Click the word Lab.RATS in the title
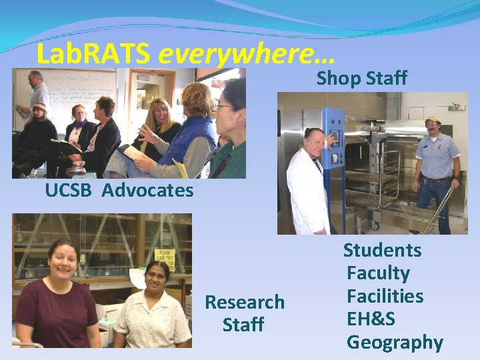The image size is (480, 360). point(94,53)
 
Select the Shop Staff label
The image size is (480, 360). point(361,78)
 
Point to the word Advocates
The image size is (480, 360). point(148,191)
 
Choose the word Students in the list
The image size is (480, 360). point(382,251)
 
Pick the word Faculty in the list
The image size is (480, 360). point(378,273)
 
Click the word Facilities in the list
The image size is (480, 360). point(385,296)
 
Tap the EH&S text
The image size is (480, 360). point(371,319)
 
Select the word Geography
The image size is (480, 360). point(395,343)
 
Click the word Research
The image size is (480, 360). point(244,302)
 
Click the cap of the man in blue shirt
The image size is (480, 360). point(433,120)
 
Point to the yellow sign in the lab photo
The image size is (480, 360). point(163,255)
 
